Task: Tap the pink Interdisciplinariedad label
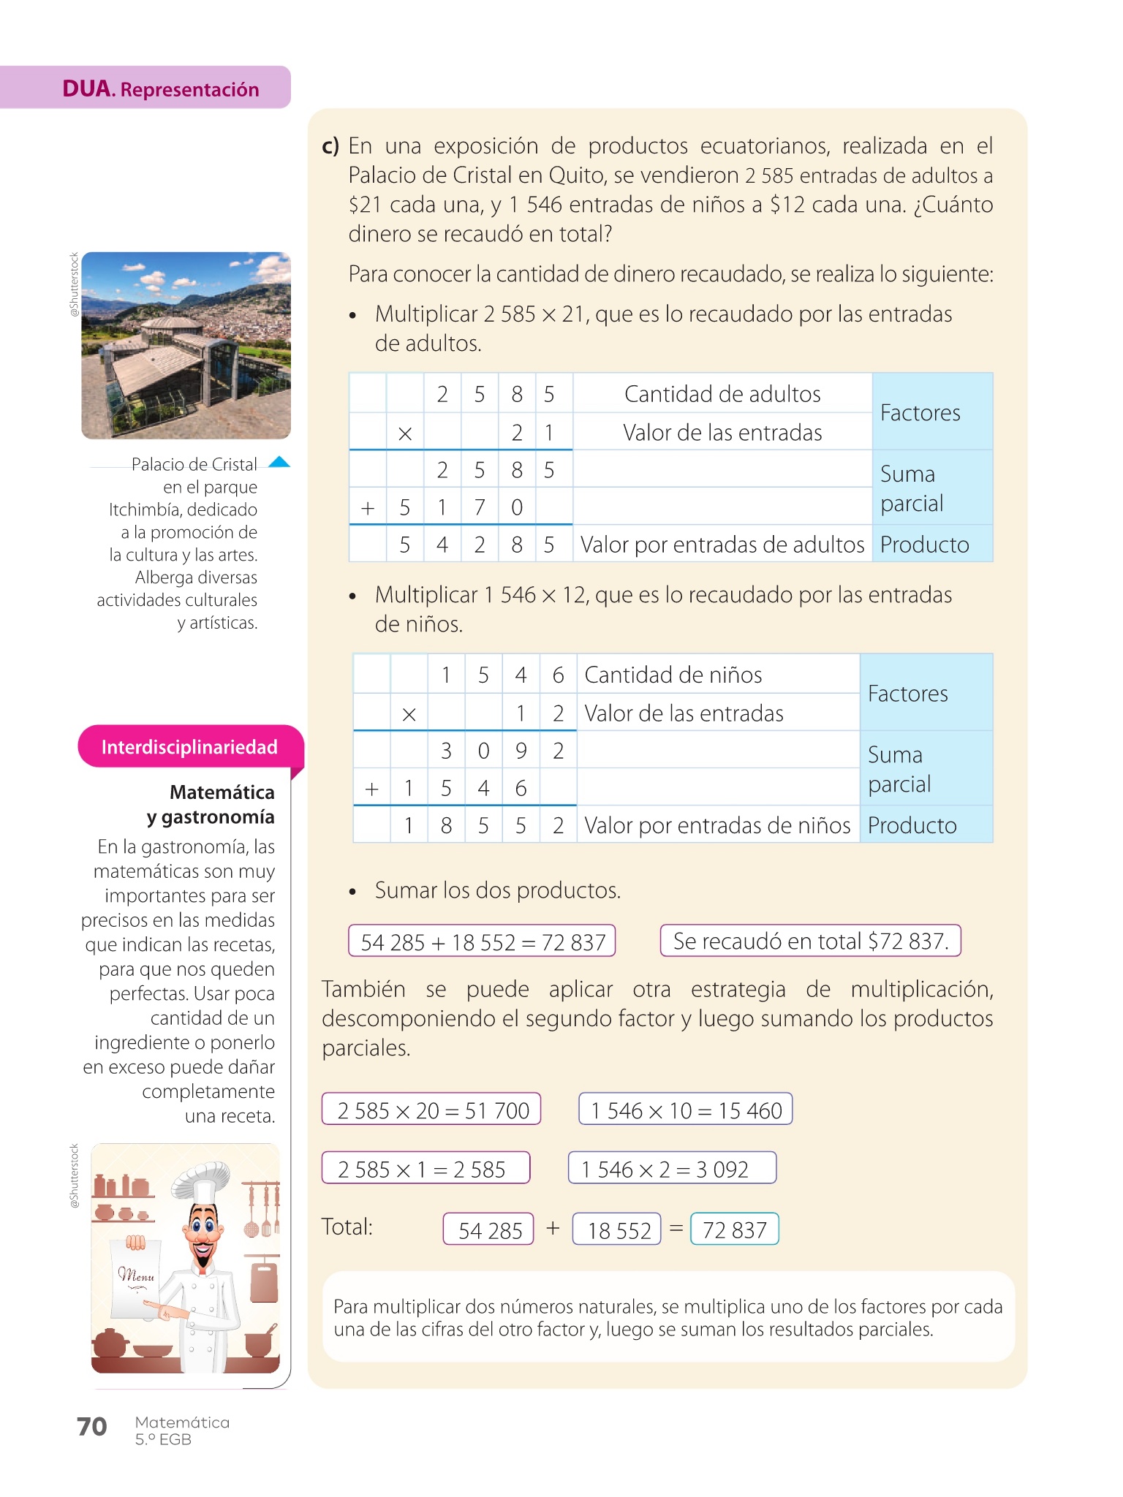pyautogui.click(x=189, y=747)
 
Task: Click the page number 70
pyautogui.click(x=92, y=1427)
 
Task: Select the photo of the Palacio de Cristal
pyautogui.click(x=186, y=345)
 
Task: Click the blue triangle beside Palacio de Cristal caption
pyautogui.click(x=279, y=462)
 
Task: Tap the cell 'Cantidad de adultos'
pyautogui.click(x=722, y=394)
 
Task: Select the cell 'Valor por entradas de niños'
pyautogui.click(x=717, y=825)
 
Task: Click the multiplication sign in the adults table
pyautogui.click(x=405, y=433)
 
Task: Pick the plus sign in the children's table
pyautogui.click(x=371, y=789)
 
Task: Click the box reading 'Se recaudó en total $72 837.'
pyautogui.click(x=810, y=941)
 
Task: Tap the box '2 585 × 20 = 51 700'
pyautogui.click(x=432, y=1110)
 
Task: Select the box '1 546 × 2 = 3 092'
pyautogui.click(x=671, y=1170)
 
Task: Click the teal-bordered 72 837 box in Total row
pyautogui.click(x=734, y=1230)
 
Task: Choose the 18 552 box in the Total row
pyautogui.click(x=619, y=1230)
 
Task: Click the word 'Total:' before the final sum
pyautogui.click(x=347, y=1227)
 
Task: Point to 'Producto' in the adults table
pyautogui.click(x=924, y=545)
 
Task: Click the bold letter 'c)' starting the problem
pyautogui.click(x=330, y=146)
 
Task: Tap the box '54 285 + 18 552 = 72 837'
pyautogui.click(x=483, y=942)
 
